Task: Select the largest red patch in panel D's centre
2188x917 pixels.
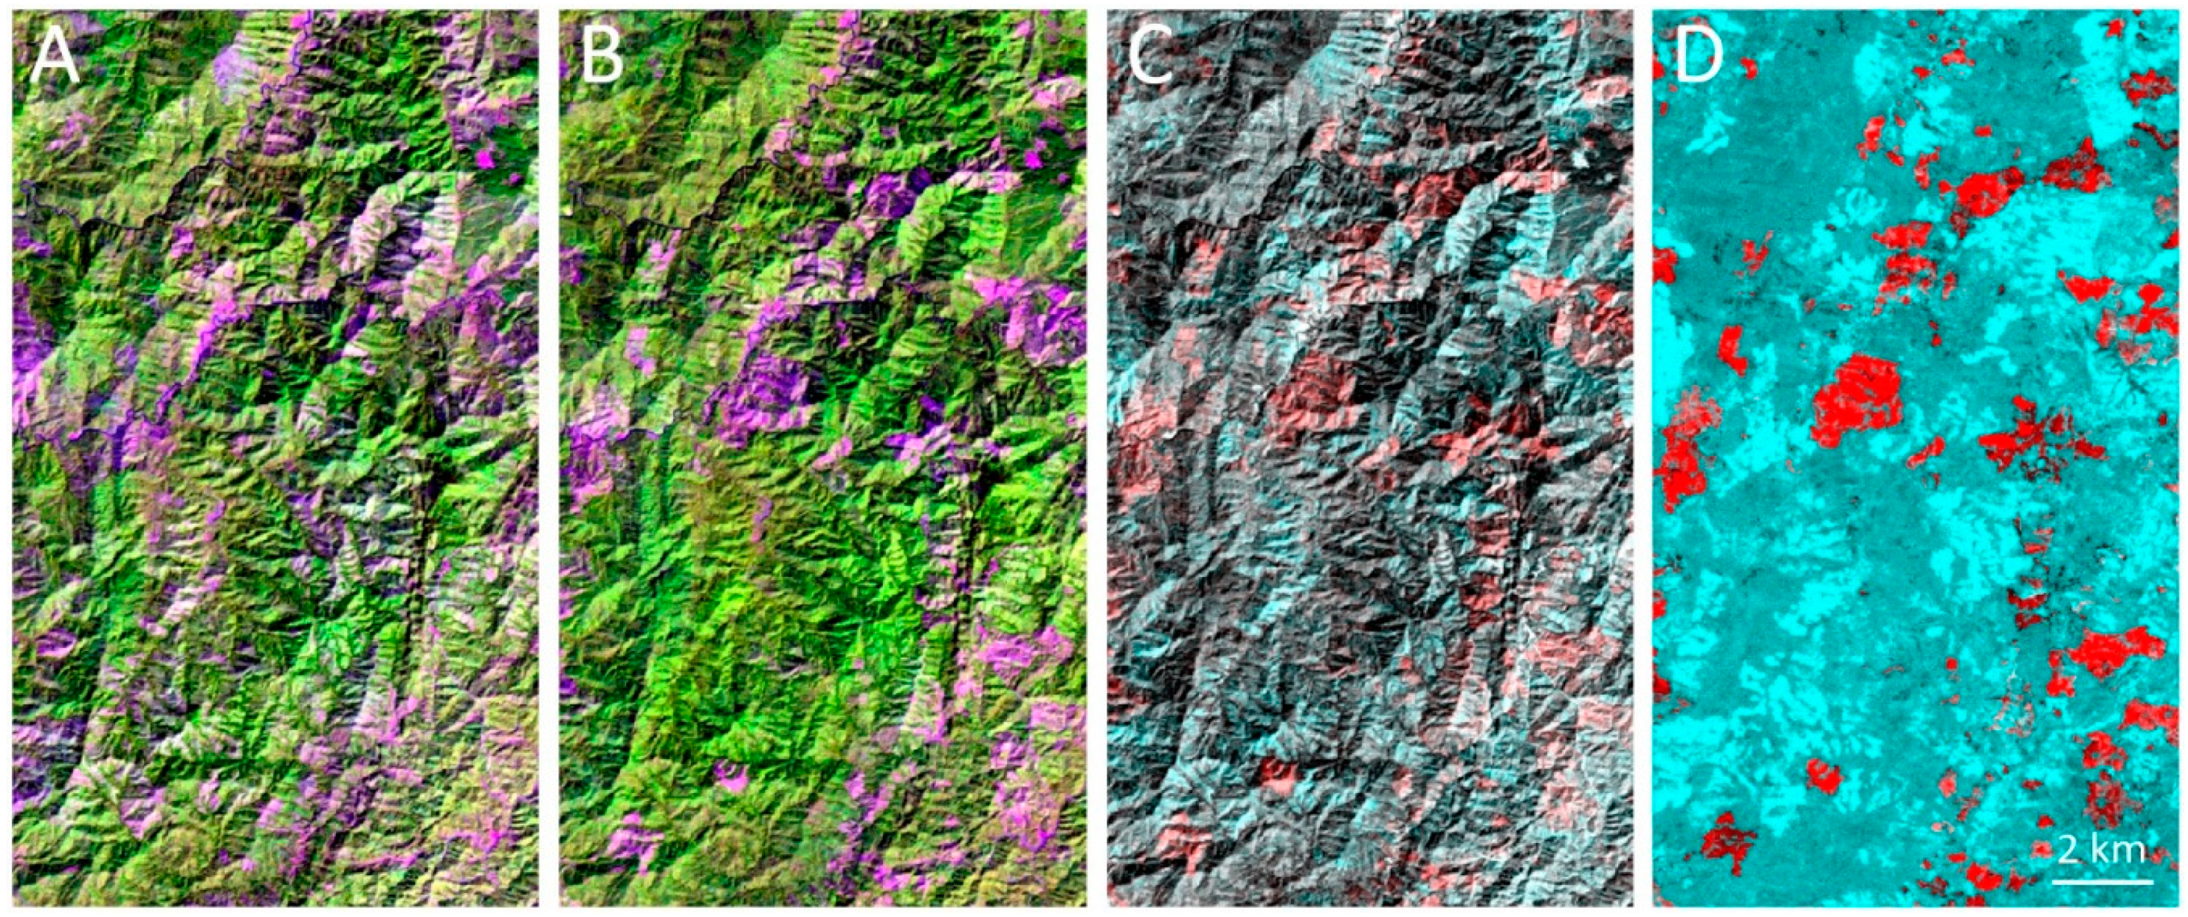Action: click(x=1854, y=402)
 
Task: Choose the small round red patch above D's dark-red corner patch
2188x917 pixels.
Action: click(x=1823, y=775)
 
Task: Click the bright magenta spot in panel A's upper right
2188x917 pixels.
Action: click(x=486, y=157)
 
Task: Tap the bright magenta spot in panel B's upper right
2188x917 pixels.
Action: click(x=1033, y=157)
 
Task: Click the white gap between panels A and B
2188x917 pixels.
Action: click(x=548, y=459)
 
